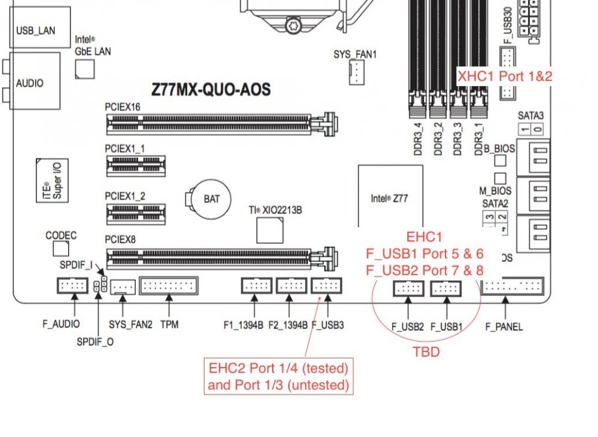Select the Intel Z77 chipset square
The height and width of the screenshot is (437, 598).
(390, 197)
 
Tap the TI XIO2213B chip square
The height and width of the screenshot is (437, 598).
(270, 230)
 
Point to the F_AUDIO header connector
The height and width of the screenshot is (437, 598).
(72, 286)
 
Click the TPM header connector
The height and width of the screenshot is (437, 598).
(169, 286)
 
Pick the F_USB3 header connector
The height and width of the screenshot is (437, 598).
(327, 285)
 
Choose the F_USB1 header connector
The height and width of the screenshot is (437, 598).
(446, 289)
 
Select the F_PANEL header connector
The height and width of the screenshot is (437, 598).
(512, 286)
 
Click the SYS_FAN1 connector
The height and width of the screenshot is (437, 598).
(356, 73)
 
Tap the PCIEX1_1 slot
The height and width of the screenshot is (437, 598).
(136, 166)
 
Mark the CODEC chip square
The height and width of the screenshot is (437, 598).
(60, 249)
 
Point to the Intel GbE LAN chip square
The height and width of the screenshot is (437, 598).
(85, 69)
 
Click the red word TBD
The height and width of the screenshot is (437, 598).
(426, 352)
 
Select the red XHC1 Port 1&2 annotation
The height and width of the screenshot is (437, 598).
(505, 77)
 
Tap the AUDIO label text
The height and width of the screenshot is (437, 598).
(30, 83)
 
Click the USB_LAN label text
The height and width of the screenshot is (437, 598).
(35, 30)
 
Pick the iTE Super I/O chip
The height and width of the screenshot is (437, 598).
(52, 181)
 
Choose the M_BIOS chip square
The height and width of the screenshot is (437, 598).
(500, 178)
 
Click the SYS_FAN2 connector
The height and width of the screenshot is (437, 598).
(123, 287)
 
